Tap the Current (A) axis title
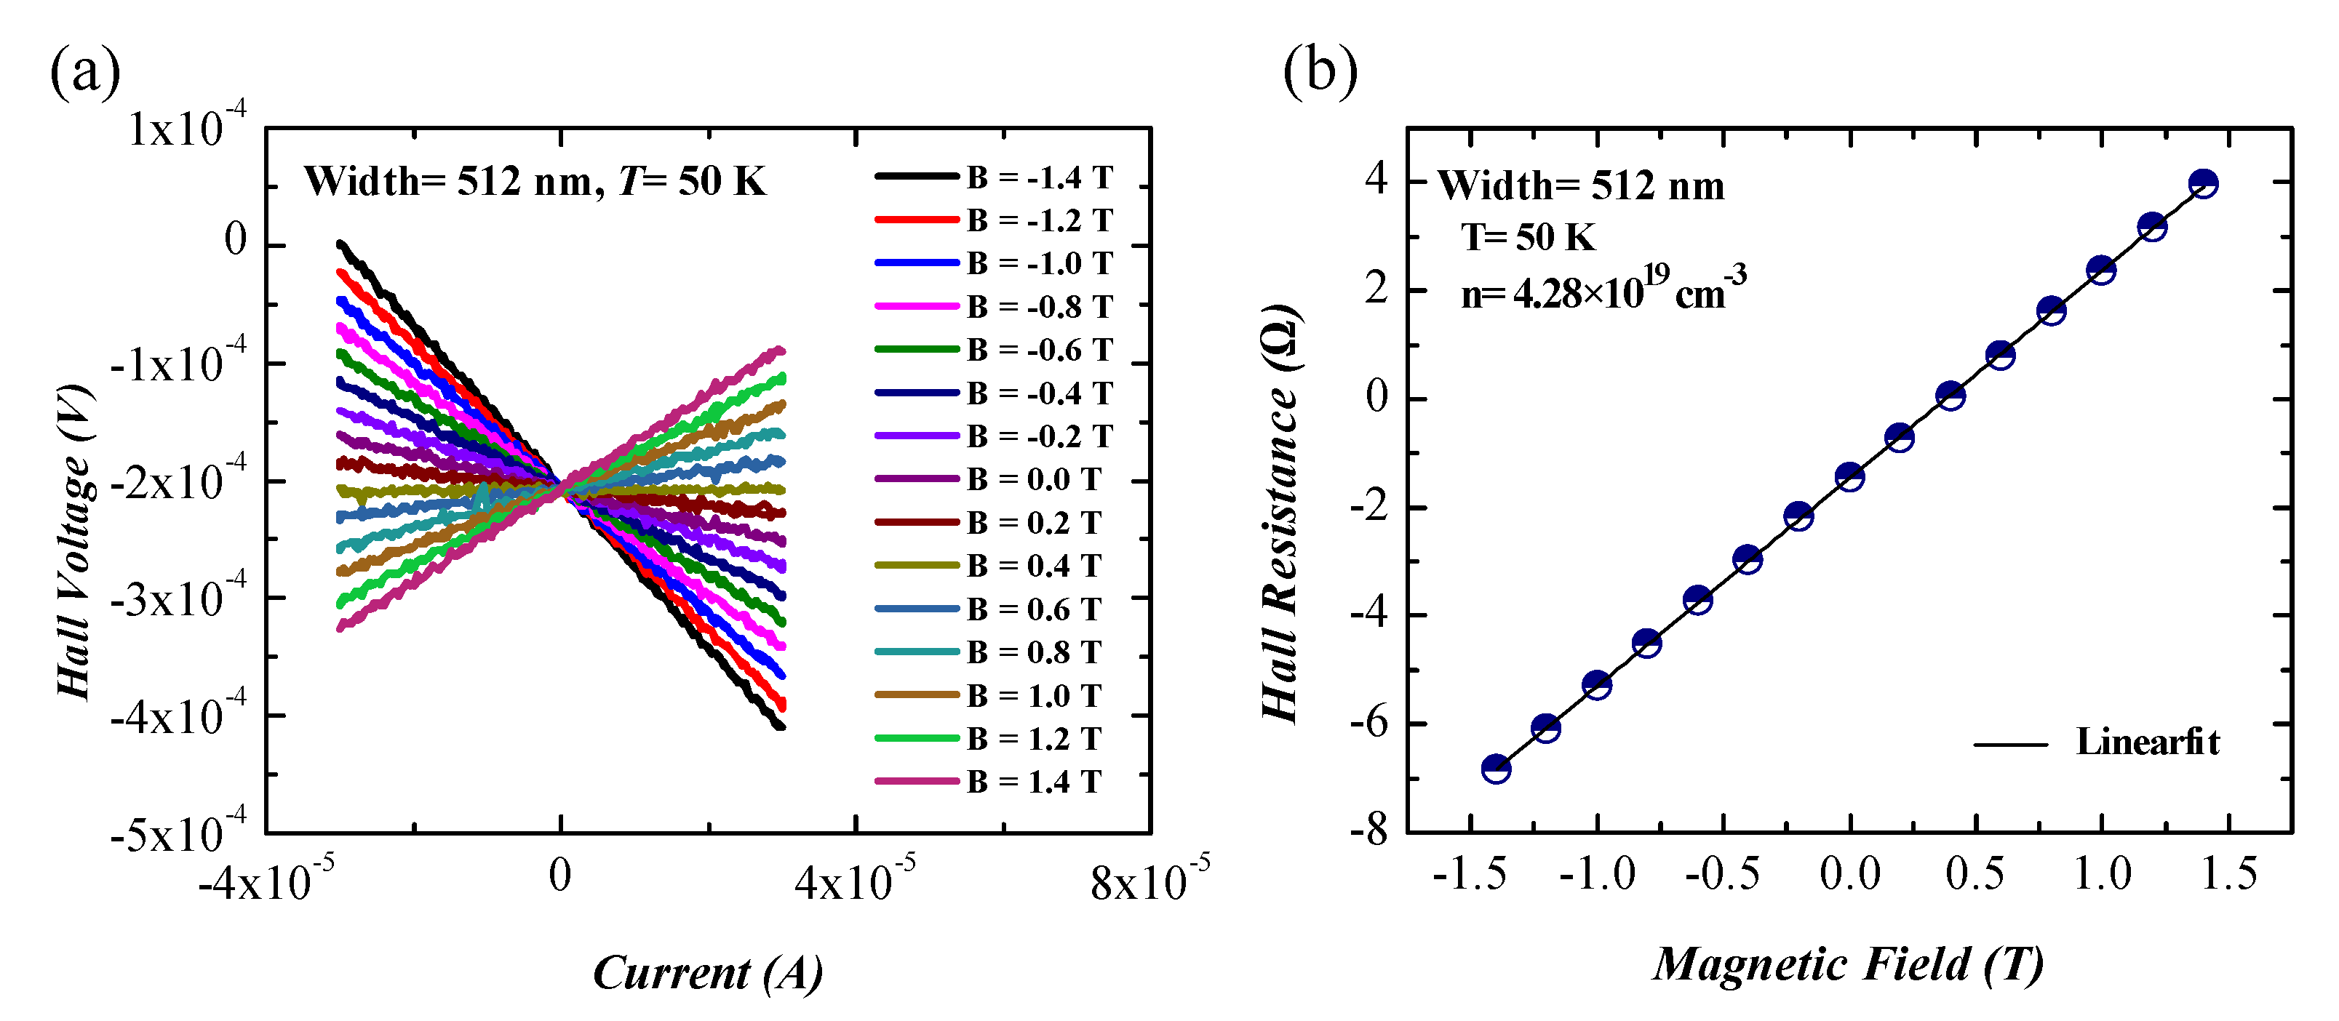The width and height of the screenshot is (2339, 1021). pos(707,973)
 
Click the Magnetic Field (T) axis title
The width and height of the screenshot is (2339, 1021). pos(1848,964)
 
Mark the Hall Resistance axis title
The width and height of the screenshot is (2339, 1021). pos(1281,513)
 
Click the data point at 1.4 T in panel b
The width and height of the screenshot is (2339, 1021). pos(2203,183)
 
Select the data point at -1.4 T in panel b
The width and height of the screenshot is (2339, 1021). pos(1496,769)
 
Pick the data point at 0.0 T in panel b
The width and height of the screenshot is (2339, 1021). pos(1849,476)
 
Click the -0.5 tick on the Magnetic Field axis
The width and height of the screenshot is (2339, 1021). pos(1723,874)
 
